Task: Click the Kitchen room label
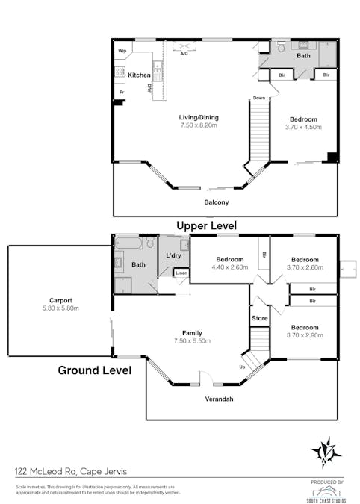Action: click(x=139, y=75)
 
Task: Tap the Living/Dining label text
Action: click(x=198, y=117)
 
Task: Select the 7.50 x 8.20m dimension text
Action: click(x=198, y=125)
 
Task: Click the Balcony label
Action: click(x=217, y=202)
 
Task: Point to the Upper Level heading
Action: click(x=206, y=225)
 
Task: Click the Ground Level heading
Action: click(x=95, y=370)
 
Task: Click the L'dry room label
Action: click(x=173, y=256)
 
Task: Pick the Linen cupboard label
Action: click(x=181, y=273)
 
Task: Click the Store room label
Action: click(x=259, y=319)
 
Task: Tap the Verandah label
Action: click(x=219, y=399)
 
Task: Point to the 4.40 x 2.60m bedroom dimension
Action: click(x=229, y=267)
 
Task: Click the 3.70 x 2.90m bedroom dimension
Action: click(x=304, y=336)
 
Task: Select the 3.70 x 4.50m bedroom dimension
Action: click(x=304, y=128)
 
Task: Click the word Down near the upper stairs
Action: click(x=258, y=98)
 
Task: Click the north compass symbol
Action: click(x=326, y=450)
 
